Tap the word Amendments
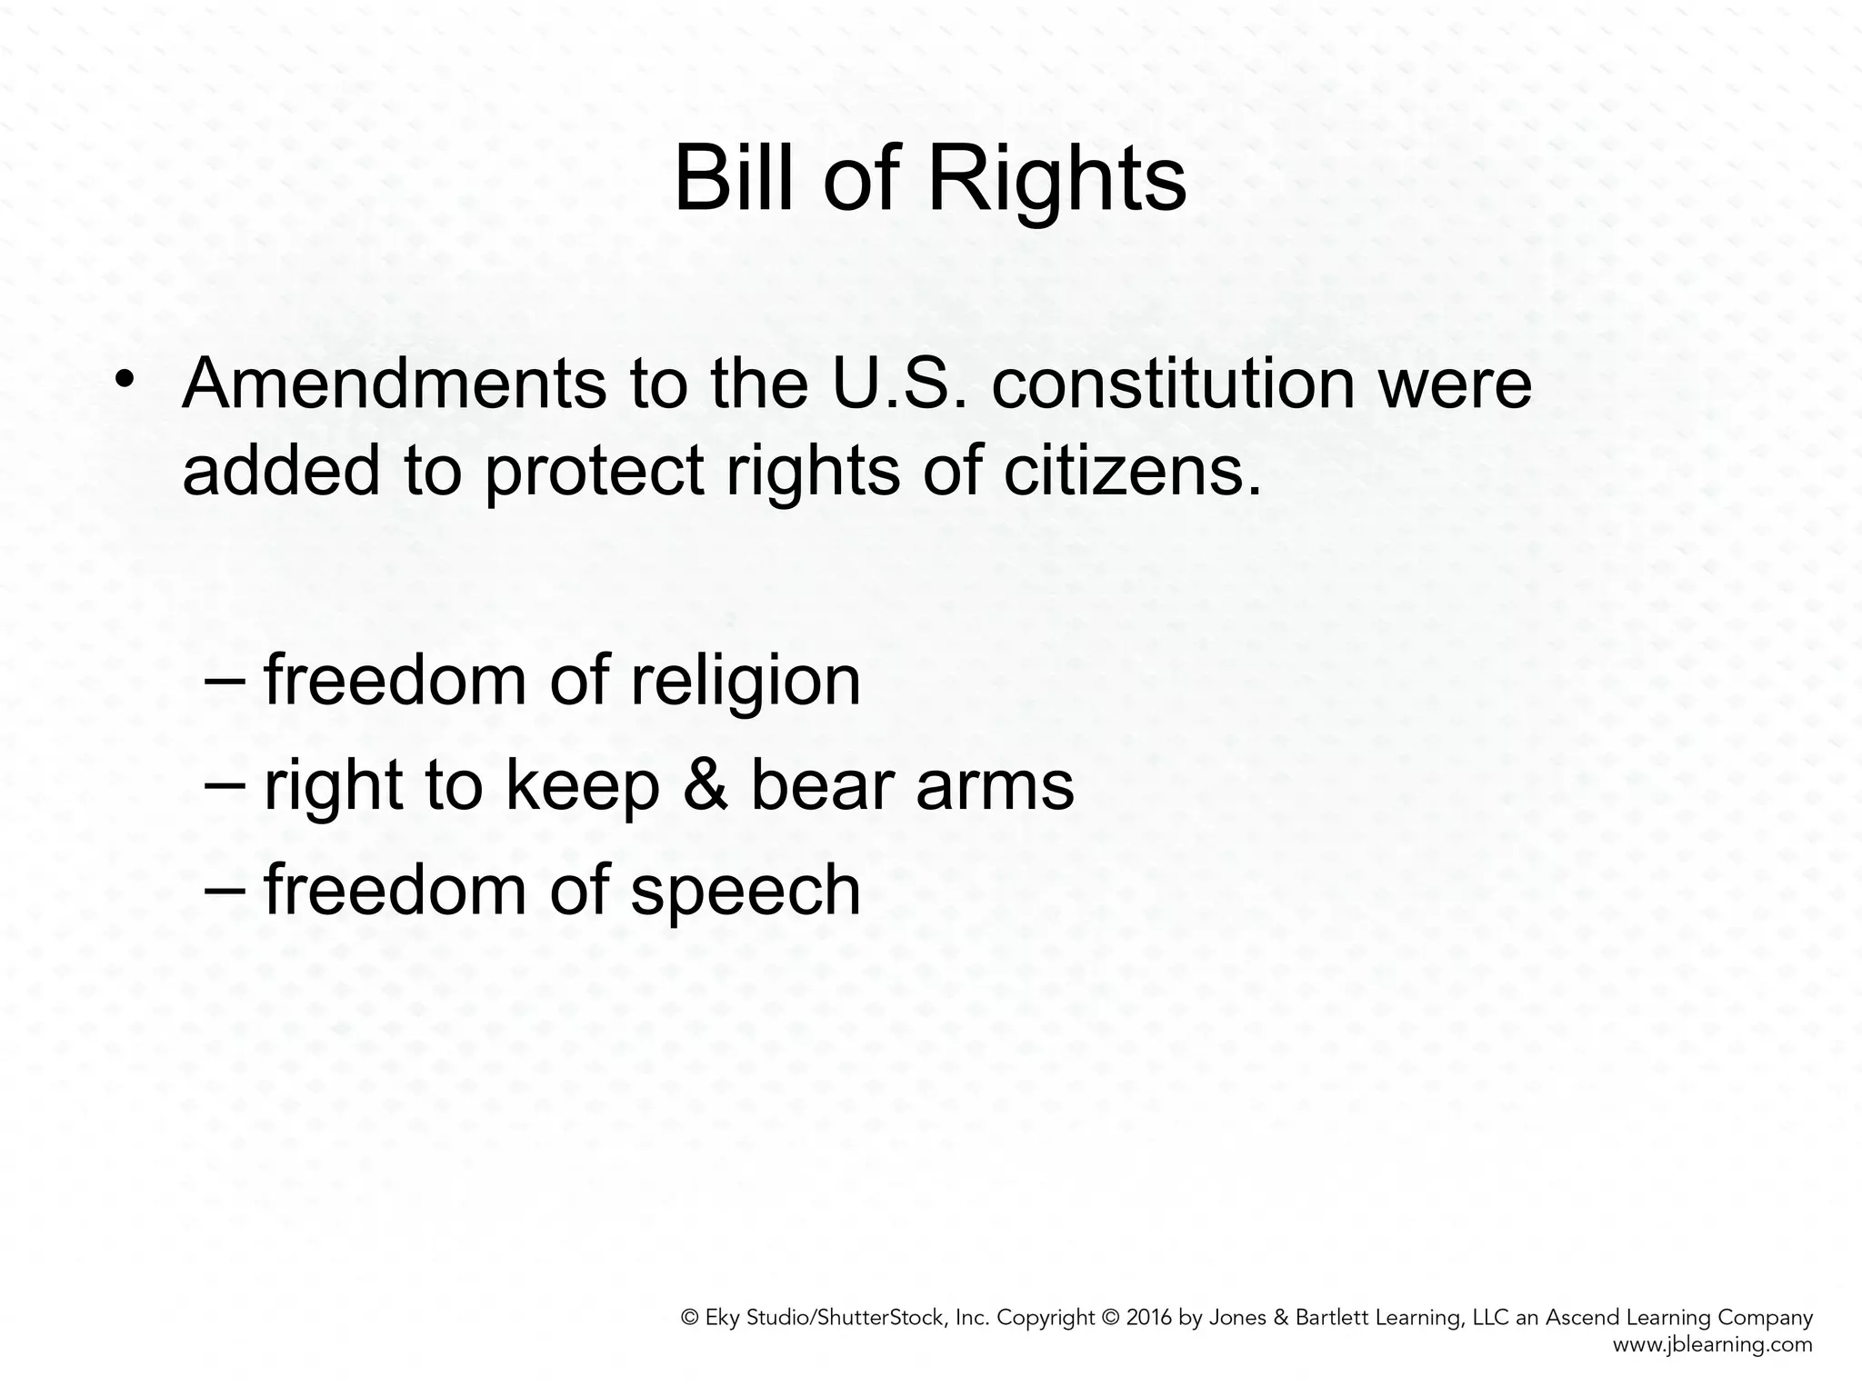(394, 384)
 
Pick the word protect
(595, 473)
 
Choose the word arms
(995, 786)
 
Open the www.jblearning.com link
(1712, 1345)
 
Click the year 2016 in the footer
(1149, 1318)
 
